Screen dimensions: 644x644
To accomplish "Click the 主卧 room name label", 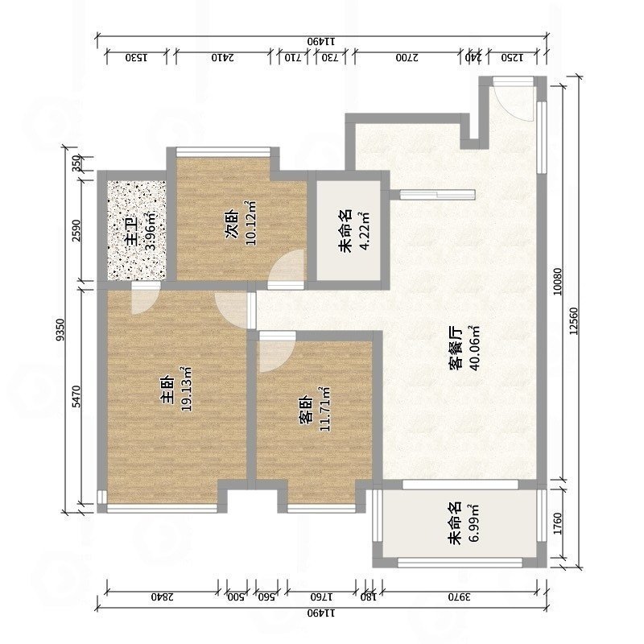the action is (168, 390).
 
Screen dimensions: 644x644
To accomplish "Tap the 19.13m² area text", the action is (186, 389).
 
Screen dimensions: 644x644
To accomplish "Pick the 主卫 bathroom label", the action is (133, 233).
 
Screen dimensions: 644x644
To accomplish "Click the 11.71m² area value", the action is (324, 409).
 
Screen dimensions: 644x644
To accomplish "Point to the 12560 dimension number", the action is (573, 321).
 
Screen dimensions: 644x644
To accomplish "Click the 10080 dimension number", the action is (557, 282).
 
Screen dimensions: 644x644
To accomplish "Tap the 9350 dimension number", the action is (60, 330).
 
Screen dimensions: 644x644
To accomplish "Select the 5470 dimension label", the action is (76, 397).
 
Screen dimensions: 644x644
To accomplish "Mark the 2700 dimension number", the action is (407, 57).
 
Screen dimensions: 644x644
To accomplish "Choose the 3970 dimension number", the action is (460, 597).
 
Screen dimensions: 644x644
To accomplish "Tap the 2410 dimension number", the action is (223, 57).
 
